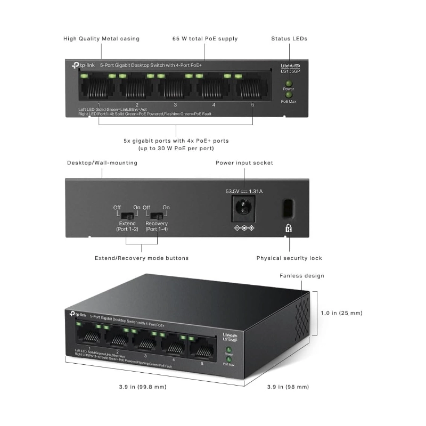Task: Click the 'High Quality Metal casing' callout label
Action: point(101,38)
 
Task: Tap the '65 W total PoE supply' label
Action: point(205,38)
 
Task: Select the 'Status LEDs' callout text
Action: point(289,38)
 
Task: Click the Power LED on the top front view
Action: point(288,83)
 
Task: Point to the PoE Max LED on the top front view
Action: point(288,94)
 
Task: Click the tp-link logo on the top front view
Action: point(84,65)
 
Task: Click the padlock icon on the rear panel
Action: point(289,228)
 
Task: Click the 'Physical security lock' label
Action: point(289,258)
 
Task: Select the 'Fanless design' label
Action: point(302,276)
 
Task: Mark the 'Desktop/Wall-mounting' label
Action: point(102,162)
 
